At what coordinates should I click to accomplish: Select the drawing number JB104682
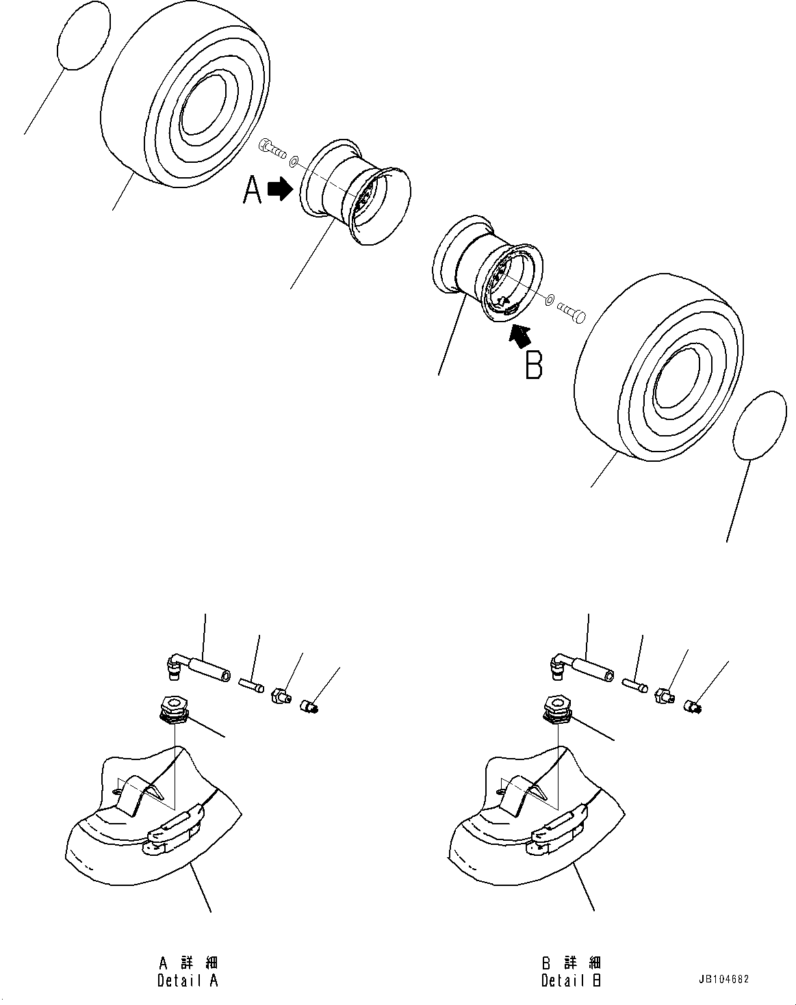724,979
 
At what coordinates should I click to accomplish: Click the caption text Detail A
188,980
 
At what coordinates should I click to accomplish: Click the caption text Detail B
572,980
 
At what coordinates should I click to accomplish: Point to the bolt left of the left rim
270,148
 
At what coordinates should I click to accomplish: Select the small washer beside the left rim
294,162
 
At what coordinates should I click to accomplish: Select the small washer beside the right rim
550,299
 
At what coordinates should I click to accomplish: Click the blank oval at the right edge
758,426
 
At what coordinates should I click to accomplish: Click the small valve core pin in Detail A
251,683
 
